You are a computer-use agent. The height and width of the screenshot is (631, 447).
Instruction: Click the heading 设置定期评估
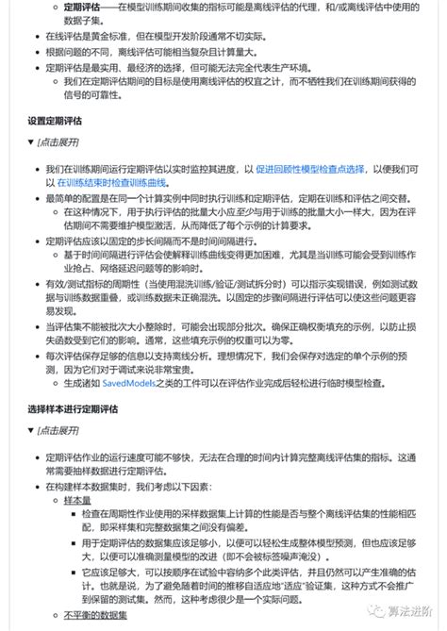56,123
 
